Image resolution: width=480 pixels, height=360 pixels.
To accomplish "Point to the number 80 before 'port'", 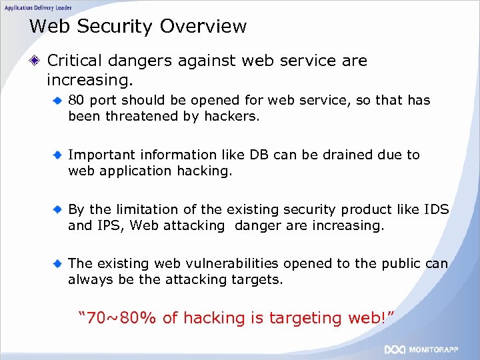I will tap(76, 101).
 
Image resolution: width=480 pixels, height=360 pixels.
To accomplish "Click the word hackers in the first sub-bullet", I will tap(234, 116).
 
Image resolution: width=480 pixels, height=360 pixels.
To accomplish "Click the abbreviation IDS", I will tap(436, 209).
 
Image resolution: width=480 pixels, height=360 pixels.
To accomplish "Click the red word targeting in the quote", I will tap(305, 318).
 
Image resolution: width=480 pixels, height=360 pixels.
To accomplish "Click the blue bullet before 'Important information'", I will tap(59, 155).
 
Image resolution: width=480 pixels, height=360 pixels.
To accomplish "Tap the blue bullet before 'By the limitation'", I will tap(59, 209).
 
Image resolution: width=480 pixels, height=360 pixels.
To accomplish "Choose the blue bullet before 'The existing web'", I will tap(59, 263).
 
